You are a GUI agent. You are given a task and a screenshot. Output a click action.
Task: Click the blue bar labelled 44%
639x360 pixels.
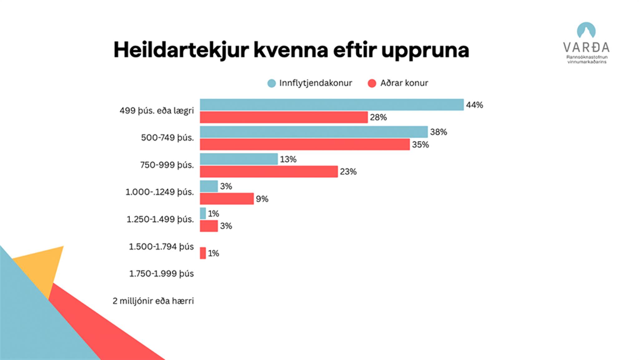332,105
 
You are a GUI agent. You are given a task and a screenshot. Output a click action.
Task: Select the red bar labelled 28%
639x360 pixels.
284,117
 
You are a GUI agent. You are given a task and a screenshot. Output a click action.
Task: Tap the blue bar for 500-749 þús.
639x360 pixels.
314,132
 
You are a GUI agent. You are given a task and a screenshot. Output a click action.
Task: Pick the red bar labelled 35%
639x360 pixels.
305,144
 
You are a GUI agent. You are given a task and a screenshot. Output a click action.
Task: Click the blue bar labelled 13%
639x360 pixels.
239,159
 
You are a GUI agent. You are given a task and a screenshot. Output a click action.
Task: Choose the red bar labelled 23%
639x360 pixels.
269,172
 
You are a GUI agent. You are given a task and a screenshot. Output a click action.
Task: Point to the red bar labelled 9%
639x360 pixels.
227,199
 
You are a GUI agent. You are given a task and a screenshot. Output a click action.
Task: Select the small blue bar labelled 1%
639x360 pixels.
203,213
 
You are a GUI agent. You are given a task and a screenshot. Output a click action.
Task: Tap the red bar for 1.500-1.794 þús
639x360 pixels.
203,253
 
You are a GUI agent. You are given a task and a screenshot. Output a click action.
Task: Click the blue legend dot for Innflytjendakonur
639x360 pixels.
271,83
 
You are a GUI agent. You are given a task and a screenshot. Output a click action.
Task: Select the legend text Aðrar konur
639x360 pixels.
404,83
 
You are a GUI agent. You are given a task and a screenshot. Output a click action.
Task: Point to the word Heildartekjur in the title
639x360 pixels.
181,50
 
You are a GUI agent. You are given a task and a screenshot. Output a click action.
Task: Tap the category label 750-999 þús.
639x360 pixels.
167,165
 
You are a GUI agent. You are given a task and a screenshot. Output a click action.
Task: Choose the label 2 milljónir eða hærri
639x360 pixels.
153,301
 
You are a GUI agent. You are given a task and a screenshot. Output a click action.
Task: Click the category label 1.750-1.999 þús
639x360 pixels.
161,274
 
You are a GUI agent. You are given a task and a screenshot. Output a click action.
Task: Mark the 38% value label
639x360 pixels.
438,132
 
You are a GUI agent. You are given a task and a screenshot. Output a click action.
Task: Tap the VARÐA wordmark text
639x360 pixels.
586,47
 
